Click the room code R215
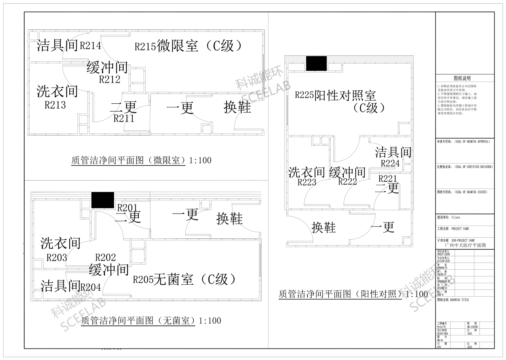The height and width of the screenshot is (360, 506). [145, 47]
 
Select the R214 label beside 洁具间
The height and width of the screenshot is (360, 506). [90, 46]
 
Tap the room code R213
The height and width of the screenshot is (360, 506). [55, 105]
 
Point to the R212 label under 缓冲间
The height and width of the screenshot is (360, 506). [110, 80]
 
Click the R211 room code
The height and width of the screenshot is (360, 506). [124, 118]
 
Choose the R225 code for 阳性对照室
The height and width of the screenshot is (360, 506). [304, 95]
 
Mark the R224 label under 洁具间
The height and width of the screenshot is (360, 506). [390, 163]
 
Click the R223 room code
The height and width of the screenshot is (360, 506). [307, 182]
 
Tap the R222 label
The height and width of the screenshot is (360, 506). [348, 182]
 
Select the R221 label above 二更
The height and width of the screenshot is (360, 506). [387, 179]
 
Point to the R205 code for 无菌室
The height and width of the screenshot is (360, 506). [143, 280]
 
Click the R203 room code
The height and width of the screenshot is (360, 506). [57, 258]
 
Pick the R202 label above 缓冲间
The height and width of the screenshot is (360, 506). [105, 257]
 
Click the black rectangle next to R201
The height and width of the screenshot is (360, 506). [103, 200]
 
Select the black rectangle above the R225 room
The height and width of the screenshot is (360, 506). [316, 63]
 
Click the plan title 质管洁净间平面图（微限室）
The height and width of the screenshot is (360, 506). [129, 160]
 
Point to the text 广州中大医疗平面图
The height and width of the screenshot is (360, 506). [465, 245]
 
